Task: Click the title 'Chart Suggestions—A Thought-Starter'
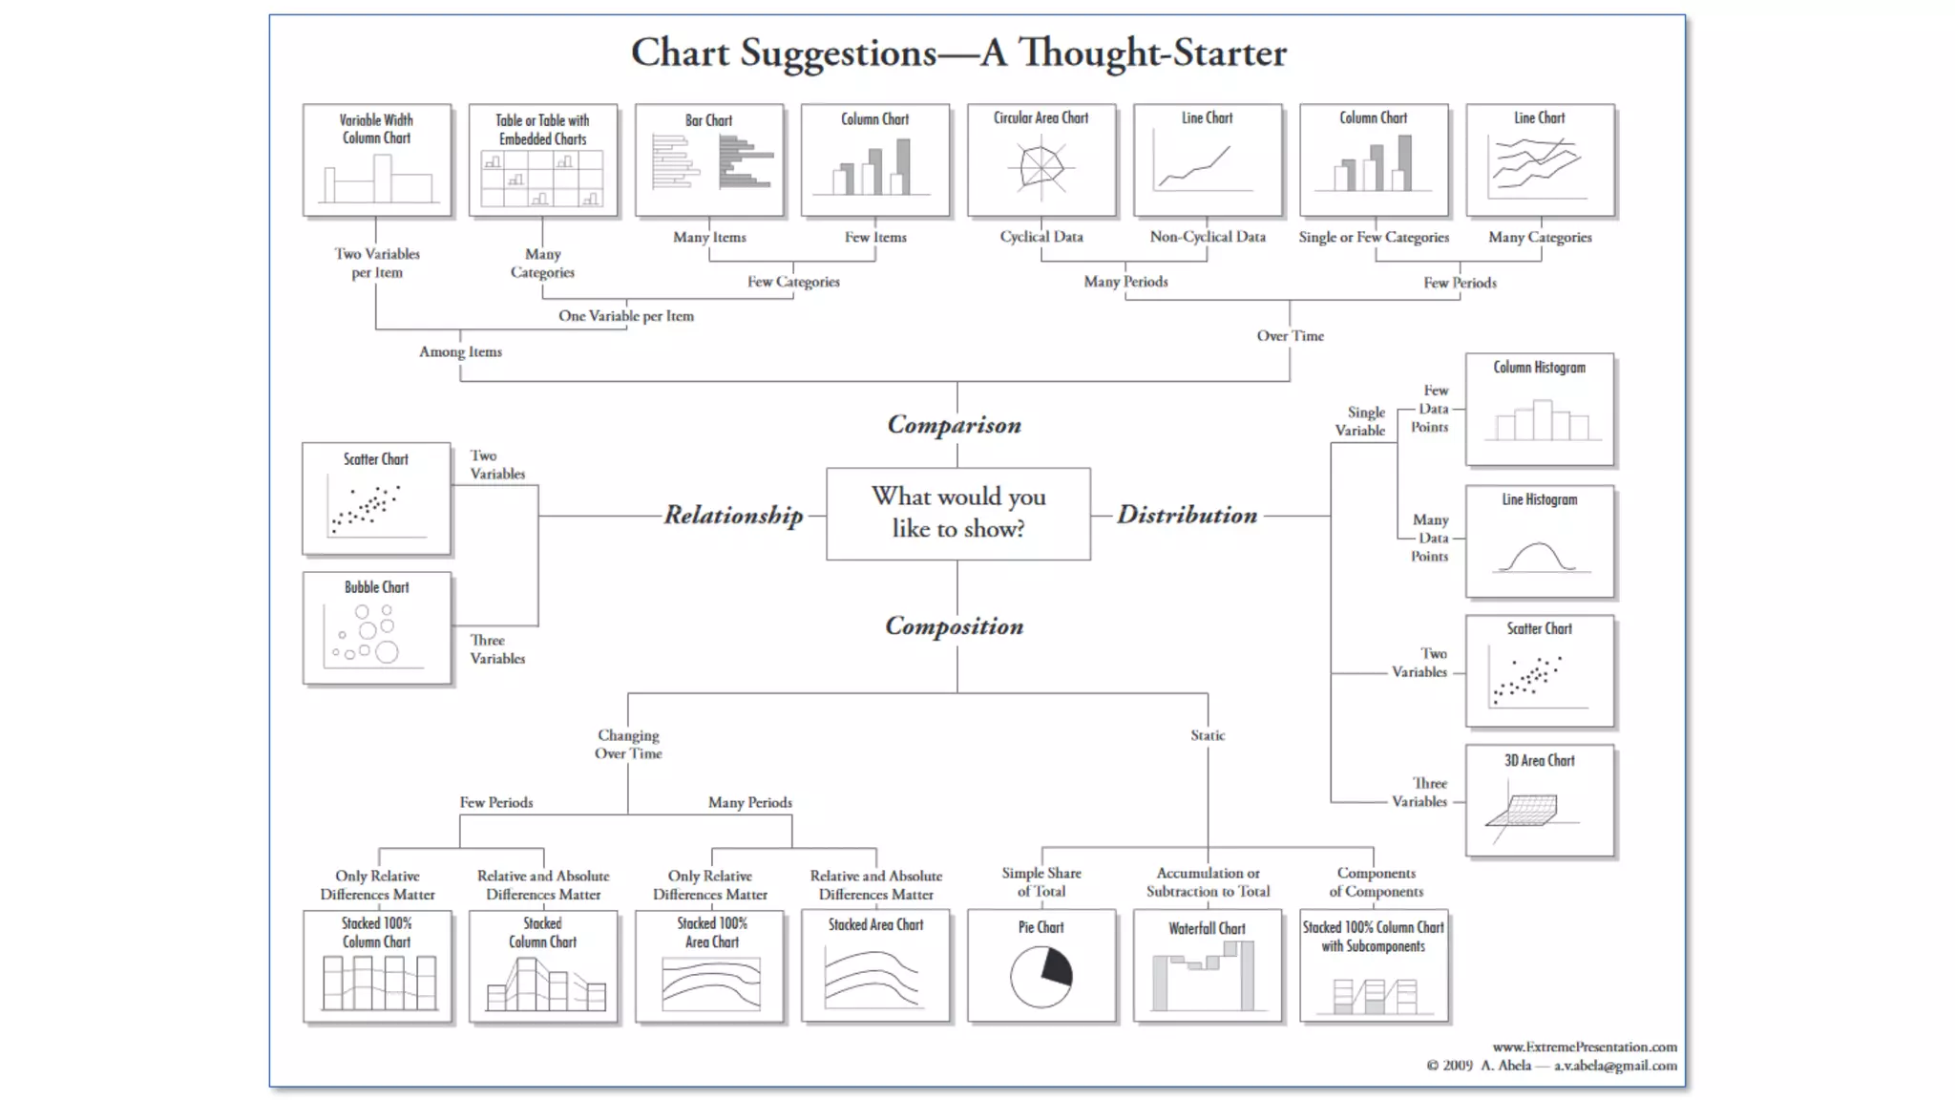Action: (x=958, y=53)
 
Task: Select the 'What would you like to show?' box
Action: (x=957, y=513)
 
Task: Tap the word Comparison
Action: (x=954, y=424)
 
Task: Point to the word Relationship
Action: (x=733, y=515)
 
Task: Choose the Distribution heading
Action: (x=1187, y=515)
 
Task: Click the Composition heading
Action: (x=954, y=625)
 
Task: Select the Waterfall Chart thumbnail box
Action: (x=1207, y=965)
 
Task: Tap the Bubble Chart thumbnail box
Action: (x=376, y=627)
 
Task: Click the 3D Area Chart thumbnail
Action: (x=1539, y=800)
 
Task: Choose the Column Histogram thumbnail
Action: (x=1539, y=409)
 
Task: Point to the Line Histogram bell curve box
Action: (x=1539, y=541)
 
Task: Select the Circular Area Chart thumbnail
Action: (x=1041, y=159)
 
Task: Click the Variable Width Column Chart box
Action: (x=376, y=159)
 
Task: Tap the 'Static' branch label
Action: (x=1208, y=735)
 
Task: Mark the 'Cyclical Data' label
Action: (x=1041, y=237)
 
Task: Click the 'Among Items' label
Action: (x=460, y=351)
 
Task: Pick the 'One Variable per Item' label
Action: (x=626, y=316)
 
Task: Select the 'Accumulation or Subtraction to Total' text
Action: (x=1208, y=882)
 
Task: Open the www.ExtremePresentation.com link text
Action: (x=1585, y=1047)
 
